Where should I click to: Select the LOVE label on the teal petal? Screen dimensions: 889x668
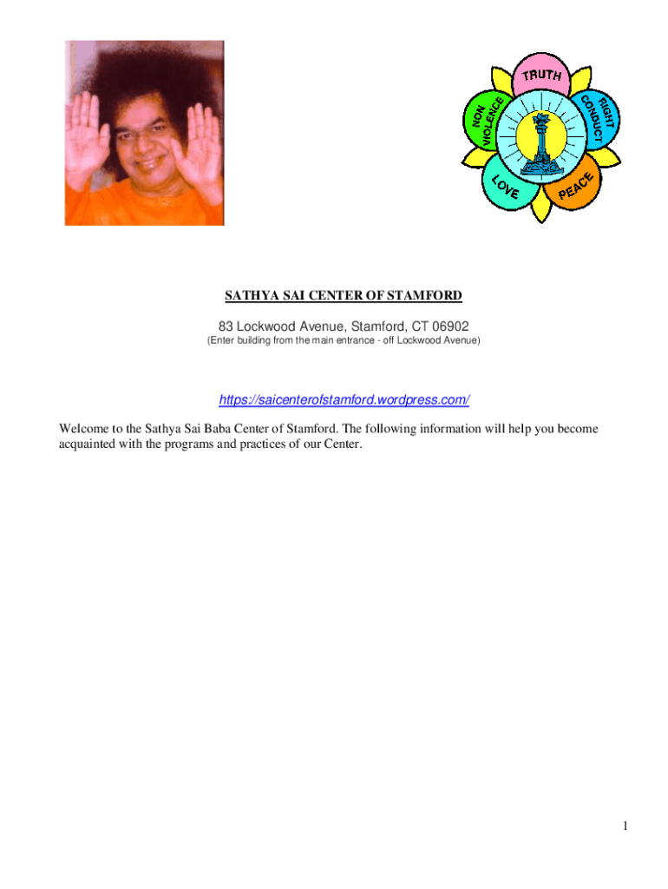click(x=507, y=187)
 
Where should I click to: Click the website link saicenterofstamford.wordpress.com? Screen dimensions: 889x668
click(x=344, y=400)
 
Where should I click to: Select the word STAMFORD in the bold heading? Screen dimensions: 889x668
click(x=422, y=296)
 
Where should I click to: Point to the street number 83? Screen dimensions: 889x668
click(x=226, y=326)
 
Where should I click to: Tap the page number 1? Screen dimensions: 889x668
click(x=624, y=826)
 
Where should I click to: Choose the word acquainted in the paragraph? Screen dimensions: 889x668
click(x=90, y=444)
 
